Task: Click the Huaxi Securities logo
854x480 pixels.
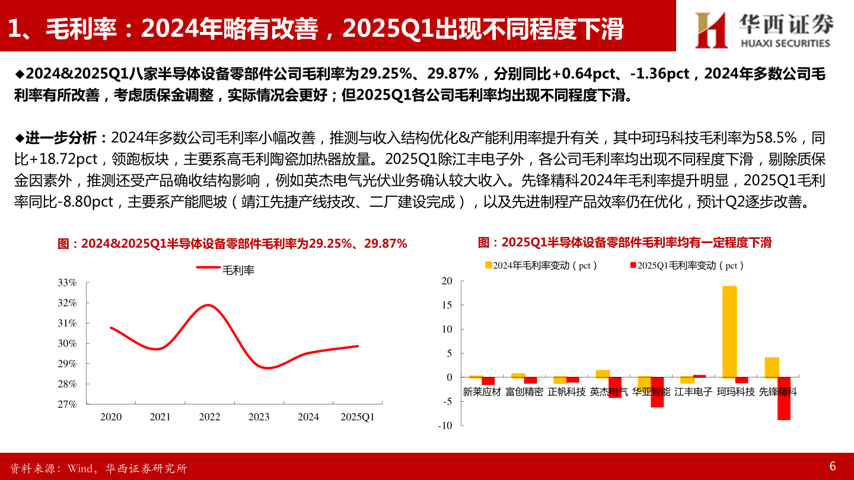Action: point(764,29)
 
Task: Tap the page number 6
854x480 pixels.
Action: point(832,466)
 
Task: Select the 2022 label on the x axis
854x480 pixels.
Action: point(209,417)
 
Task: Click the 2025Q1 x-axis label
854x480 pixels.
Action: point(358,417)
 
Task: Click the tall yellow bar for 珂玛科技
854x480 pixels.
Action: point(729,332)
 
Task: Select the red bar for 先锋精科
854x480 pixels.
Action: point(784,398)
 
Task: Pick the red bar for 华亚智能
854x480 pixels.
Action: point(657,392)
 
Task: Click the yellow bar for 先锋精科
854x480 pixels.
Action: point(772,367)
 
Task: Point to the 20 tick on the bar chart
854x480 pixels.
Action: point(447,281)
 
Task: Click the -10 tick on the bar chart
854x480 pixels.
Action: point(445,425)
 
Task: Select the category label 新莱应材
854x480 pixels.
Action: point(482,392)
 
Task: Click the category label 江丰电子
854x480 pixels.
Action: point(693,392)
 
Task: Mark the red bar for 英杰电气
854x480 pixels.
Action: point(614,388)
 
